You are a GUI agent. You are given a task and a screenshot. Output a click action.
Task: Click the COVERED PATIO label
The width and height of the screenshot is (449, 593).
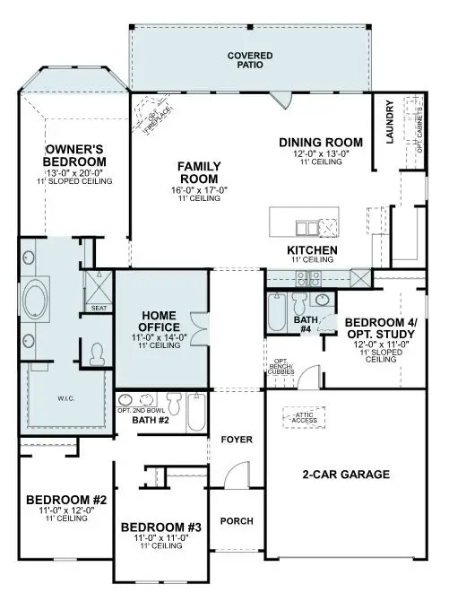pyautogui.click(x=251, y=61)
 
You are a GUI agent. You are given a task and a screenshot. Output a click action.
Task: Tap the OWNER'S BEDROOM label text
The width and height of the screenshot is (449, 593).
pyautogui.click(x=77, y=155)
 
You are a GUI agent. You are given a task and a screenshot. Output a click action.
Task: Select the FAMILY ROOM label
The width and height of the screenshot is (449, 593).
pyautogui.click(x=198, y=171)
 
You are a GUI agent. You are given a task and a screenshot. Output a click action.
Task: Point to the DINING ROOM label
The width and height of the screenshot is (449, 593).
pyautogui.click(x=320, y=143)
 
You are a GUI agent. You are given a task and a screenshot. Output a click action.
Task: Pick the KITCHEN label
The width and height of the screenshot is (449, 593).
pyautogui.click(x=311, y=249)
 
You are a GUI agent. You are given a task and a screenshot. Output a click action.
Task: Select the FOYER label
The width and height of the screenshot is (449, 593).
pyautogui.click(x=237, y=440)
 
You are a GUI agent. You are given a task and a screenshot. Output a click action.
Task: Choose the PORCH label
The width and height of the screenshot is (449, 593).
pyautogui.click(x=237, y=521)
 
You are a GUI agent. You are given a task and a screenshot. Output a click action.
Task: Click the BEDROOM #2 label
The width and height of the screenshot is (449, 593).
pyautogui.click(x=66, y=500)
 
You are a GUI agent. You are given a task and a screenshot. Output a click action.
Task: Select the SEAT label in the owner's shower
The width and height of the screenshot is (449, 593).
pyautogui.click(x=98, y=308)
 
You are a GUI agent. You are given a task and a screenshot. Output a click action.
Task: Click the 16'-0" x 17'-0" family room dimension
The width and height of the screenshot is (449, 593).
pyautogui.click(x=198, y=189)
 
